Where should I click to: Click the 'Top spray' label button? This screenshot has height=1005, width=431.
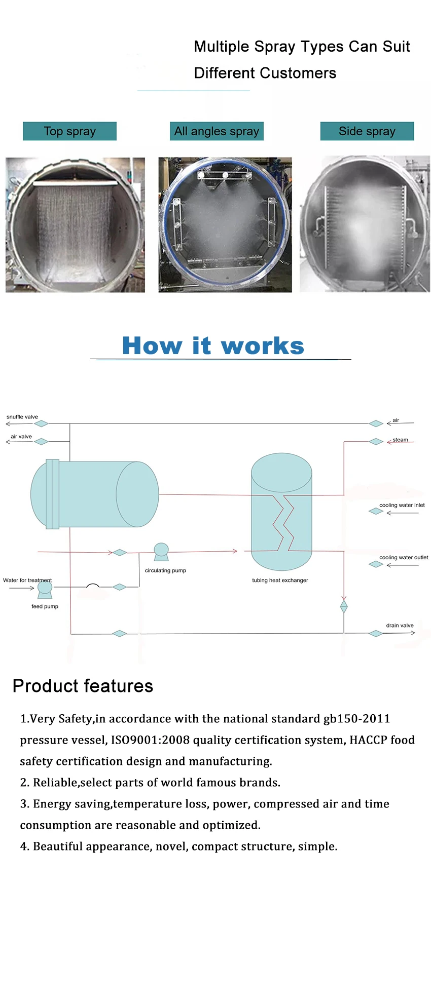coord(69,131)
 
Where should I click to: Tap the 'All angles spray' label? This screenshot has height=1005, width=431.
coord(217,131)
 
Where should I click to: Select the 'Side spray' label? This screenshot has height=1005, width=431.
coord(367,131)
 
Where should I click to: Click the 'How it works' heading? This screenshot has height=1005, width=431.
coord(213,346)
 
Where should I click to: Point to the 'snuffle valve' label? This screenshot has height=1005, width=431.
coord(22,417)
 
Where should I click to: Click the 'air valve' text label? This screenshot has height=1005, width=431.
coord(21,436)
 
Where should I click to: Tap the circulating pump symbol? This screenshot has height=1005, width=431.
coord(161,552)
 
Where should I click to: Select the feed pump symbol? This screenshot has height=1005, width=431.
coord(45,588)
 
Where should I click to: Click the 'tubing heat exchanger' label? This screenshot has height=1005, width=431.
coord(280,581)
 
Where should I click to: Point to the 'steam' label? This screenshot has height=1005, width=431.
coord(400,440)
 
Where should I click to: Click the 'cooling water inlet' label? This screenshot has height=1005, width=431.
coord(402,505)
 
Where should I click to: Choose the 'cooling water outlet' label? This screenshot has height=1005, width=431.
coord(404,557)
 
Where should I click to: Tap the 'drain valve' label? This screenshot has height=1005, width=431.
coord(400,625)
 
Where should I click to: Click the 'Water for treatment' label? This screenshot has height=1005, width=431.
coord(27,580)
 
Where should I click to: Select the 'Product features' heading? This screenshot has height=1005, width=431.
coord(83,686)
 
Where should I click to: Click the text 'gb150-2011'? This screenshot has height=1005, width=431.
coord(356,719)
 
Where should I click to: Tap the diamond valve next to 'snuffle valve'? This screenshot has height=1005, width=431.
coord(41,423)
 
